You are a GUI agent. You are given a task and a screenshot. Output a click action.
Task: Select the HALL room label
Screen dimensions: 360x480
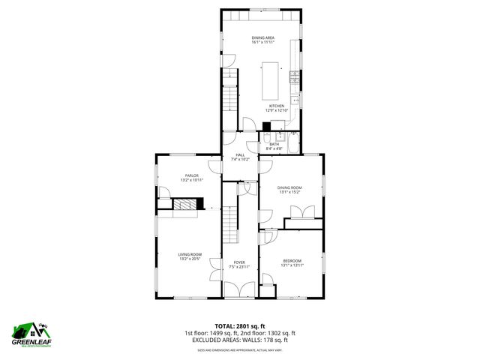click(239, 157)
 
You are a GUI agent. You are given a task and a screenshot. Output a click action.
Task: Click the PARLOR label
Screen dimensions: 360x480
click(192, 177)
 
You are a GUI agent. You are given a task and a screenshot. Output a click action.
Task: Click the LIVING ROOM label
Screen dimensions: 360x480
click(189, 256)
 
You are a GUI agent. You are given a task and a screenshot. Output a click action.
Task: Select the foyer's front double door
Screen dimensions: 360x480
click(239, 291)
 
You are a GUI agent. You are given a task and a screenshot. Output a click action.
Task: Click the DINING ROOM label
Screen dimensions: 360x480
click(289, 189)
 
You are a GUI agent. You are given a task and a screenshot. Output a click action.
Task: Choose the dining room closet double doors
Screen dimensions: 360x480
click(304, 213)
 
